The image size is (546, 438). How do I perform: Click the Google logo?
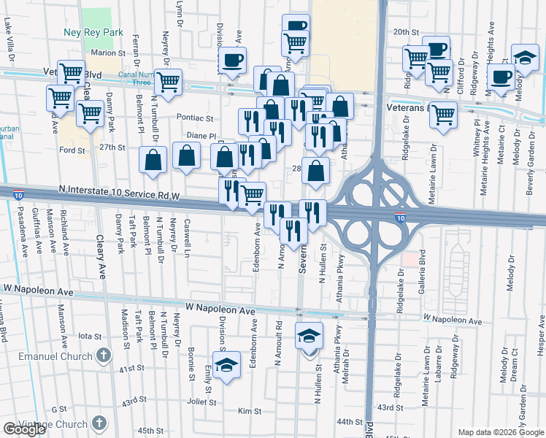[24, 429]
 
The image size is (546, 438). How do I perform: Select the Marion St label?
[109, 53]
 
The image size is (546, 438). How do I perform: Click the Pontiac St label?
[195, 118]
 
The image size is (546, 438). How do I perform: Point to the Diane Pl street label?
[202, 135]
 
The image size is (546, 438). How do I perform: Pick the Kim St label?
[253, 412]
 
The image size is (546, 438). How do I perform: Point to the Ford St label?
[72, 150]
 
